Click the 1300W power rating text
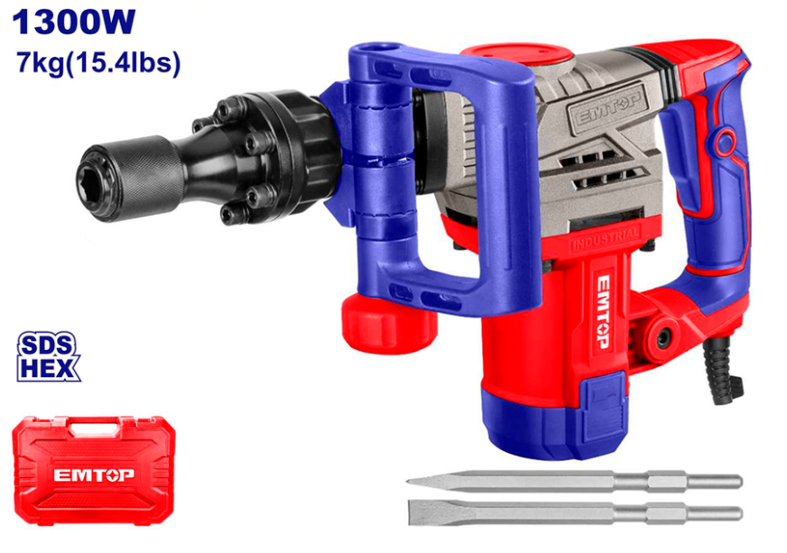click(x=74, y=22)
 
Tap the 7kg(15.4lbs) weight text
click(x=98, y=63)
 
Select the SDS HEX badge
click(x=48, y=356)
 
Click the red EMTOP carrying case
click(x=93, y=469)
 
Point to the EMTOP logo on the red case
click(x=94, y=475)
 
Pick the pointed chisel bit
click(x=574, y=482)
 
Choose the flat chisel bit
click(x=575, y=512)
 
